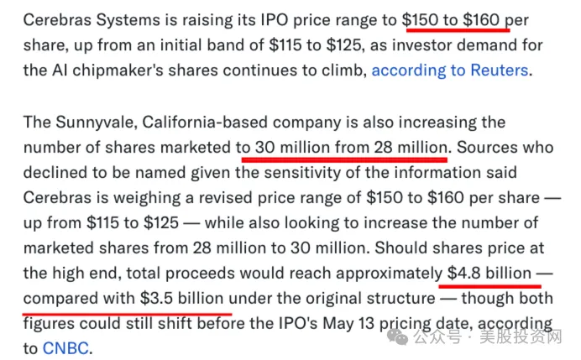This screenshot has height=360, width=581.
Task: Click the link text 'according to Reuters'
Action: pos(450,70)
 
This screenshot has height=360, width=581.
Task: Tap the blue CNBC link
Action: pos(65,348)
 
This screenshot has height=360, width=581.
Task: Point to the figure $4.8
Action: pos(464,273)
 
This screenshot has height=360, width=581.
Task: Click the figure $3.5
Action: pos(156,298)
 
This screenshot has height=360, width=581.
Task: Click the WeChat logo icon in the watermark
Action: pos(398,337)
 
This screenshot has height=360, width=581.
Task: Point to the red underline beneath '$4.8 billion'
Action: pos(489,286)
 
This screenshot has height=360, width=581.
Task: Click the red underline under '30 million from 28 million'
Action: pos(344,159)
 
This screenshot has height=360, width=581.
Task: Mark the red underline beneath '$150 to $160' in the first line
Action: pos(458,29)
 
